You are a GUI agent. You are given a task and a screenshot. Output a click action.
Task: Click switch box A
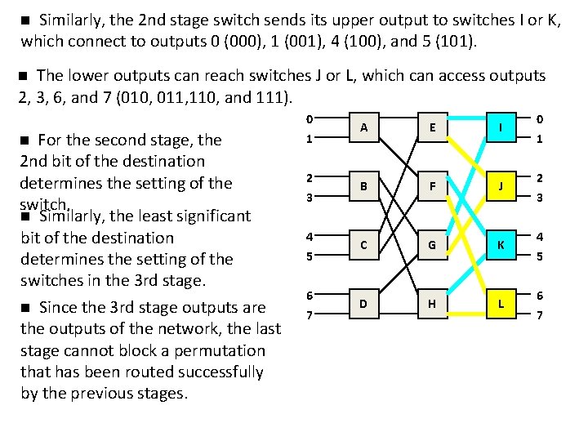[363, 128]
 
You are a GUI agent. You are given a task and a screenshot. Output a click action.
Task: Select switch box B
[363, 187]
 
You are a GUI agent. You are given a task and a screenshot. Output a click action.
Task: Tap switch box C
[363, 246]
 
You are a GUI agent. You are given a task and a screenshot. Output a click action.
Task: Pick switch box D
[363, 305]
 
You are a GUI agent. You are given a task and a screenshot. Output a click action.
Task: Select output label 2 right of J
[539, 178]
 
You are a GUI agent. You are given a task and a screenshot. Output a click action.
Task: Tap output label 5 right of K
[539, 256]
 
